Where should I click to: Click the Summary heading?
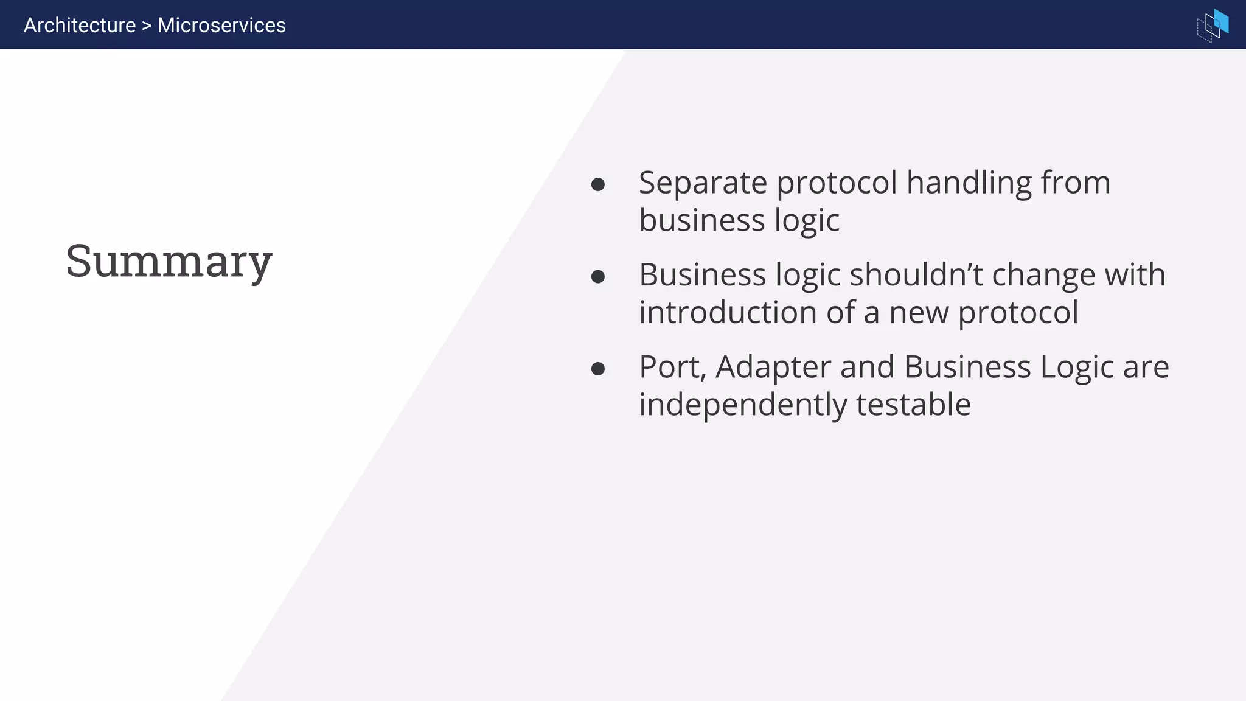pyautogui.click(x=169, y=261)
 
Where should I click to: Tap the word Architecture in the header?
pyautogui.click(x=80, y=26)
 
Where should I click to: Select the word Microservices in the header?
pyautogui.click(x=221, y=26)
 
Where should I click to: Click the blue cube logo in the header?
pyautogui.click(x=1213, y=26)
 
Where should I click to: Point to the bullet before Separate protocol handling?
pyautogui.click(x=598, y=184)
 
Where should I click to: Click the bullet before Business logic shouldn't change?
pyautogui.click(x=598, y=277)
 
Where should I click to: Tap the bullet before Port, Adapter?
pyautogui.click(x=598, y=369)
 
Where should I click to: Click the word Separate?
pyautogui.click(x=703, y=183)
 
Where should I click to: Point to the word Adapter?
pyautogui.click(x=773, y=367)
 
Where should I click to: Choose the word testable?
pyautogui.click(x=913, y=405)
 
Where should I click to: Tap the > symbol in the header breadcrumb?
pyautogui.click(x=147, y=26)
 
